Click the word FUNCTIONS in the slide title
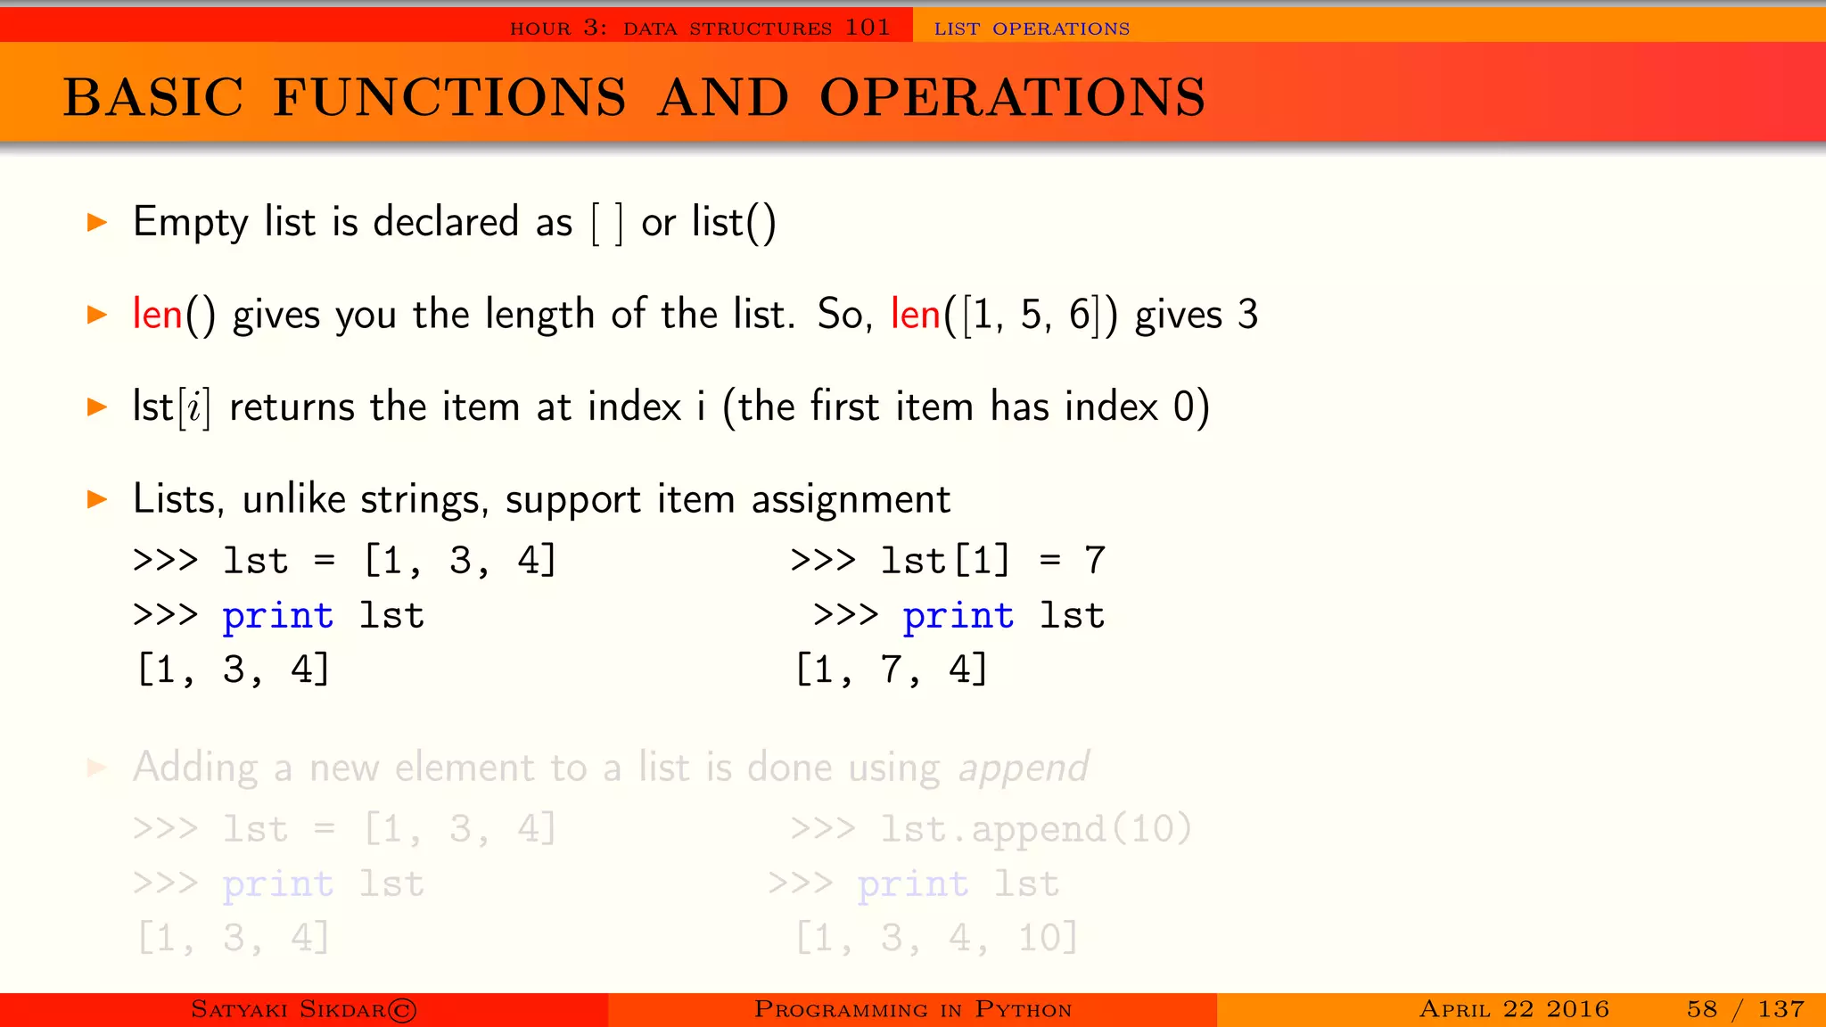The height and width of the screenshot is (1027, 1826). [449, 97]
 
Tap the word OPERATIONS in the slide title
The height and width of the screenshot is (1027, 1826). [1012, 97]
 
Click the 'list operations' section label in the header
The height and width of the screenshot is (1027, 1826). [1032, 29]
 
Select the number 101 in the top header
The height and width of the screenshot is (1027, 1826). [868, 28]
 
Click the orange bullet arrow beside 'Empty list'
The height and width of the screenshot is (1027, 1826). [97, 222]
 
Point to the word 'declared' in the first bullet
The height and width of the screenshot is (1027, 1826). [446, 222]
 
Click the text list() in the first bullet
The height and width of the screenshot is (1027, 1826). [734, 222]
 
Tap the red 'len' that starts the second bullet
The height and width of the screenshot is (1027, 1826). [157, 314]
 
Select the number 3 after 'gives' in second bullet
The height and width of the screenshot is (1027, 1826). [1247, 315]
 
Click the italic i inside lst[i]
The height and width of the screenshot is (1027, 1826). [194, 408]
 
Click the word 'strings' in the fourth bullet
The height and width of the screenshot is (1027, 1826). [424, 499]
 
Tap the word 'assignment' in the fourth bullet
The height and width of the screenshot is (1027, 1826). [851, 500]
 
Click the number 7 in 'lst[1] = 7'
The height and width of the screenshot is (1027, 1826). [1095, 561]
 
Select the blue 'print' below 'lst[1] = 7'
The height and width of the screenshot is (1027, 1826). [958, 615]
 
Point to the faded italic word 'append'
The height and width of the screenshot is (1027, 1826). [1023, 768]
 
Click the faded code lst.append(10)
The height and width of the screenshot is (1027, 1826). [1035, 830]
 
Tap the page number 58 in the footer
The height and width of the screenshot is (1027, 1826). [1701, 1009]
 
